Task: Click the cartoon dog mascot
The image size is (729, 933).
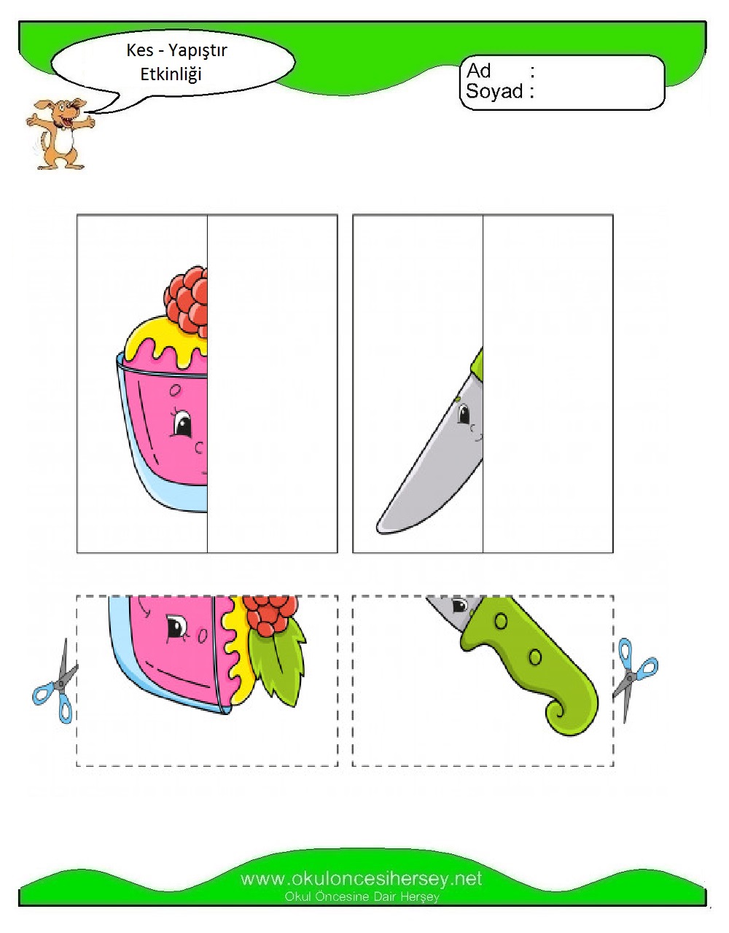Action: pyautogui.click(x=60, y=133)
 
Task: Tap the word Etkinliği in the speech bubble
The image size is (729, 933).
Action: pyautogui.click(x=171, y=74)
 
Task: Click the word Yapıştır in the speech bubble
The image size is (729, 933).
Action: pyautogui.click(x=197, y=51)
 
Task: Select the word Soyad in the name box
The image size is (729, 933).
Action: pyautogui.click(x=494, y=91)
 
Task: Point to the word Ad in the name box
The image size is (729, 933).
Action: pyautogui.click(x=478, y=71)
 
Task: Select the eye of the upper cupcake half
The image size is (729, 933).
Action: pyautogui.click(x=182, y=423)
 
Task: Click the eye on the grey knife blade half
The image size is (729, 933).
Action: pyautogui.click(x=464, y=415)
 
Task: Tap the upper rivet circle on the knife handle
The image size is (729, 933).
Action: pyautogui.click(x=501, y=621)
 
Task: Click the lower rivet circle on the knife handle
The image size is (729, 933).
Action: pyautogui.click(x=535, y=657)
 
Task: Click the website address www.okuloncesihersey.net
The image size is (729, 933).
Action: pyautogui.click(x=361, y=878)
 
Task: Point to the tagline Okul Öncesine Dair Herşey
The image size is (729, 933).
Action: pyautogui.click(x=362, y=897)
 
